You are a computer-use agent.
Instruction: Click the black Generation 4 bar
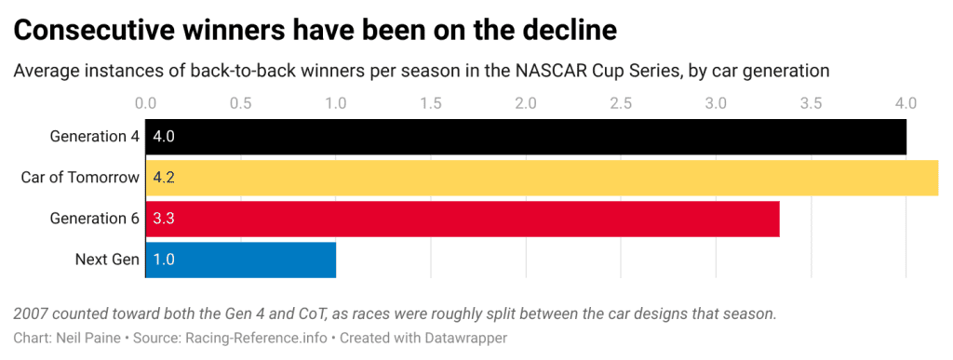(x=526, y=137)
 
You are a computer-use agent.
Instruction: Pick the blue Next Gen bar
(x=240, y=260)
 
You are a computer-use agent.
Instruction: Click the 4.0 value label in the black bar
(x=164, y=137)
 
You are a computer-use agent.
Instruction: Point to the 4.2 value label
(x=164, y=178)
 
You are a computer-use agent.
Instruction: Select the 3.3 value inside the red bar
(x=164, y=219)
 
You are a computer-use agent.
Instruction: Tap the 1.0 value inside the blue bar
(x=164, y=260)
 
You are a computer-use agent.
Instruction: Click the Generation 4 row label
(x=94, y=137)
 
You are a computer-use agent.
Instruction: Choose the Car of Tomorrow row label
(x=80, y=178)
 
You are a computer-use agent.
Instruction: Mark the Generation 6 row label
(x=94, y=219)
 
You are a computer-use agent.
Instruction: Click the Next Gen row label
(x=107, y=260)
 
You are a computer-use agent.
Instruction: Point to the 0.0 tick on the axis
(x=145, y=102)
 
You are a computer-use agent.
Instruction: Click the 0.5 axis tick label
(x=240, y=102)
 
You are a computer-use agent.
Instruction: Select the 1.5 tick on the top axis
(x=430, y=102)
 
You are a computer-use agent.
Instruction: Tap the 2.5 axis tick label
(x=621, y=102)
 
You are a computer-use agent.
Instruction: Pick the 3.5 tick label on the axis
(x=811, y=102)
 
